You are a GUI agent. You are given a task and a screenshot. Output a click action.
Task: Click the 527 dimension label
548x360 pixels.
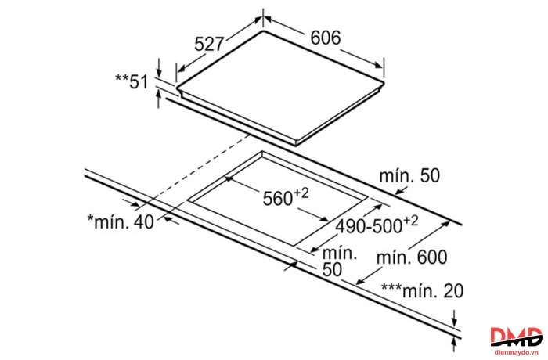(209, 44)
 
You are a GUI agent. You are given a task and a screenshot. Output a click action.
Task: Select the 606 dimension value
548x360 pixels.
(326, 38)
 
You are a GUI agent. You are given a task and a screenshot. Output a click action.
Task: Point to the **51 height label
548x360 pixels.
(132, 81)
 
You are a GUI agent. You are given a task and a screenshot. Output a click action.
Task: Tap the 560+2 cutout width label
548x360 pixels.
(286, 197)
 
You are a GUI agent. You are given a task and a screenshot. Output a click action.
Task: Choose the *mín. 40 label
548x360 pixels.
(121, 221)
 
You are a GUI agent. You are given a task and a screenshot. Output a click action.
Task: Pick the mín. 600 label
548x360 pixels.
(412, 257)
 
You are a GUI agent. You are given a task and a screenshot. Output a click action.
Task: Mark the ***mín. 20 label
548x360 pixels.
(422, 291)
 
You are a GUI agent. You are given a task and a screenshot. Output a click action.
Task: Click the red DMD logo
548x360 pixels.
(516, 337)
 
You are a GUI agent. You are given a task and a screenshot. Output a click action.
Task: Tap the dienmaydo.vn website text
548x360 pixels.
(516, 351)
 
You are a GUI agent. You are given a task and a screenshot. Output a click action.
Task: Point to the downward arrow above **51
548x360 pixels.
(160, 68)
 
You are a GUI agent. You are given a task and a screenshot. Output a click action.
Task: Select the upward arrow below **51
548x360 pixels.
(159, 99)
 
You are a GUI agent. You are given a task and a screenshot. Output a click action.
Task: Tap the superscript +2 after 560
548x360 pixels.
(301, 193)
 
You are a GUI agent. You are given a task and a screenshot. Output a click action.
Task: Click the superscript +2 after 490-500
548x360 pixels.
(410, 221)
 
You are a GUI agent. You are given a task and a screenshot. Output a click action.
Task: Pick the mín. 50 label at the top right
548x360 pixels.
(409, 176)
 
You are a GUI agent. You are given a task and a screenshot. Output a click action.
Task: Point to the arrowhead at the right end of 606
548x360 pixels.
(379, 65)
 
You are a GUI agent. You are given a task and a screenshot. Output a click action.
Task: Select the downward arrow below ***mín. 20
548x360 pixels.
(454, 319)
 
